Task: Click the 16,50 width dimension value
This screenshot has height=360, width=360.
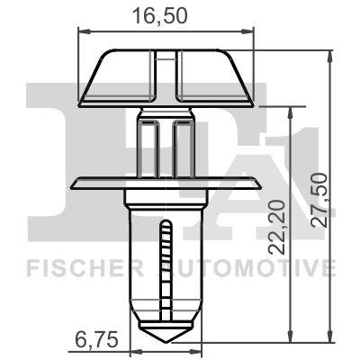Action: pyautogui.click(x=166, y=15)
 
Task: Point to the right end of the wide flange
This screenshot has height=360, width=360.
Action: pyautogui.click(x=260, y=184)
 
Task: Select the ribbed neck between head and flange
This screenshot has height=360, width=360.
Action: pyautogui.click(x=166, y=144)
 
